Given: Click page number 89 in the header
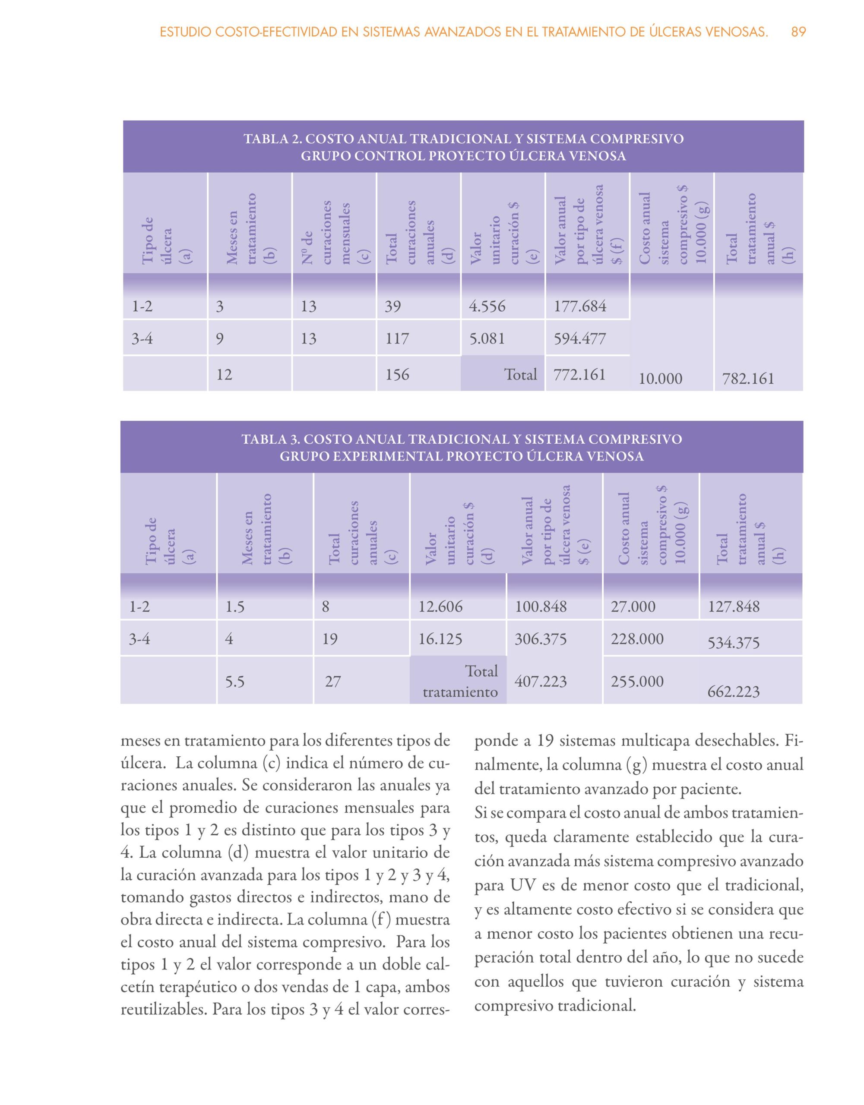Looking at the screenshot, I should point(798,32).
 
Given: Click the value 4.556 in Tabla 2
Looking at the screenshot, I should point(487,306).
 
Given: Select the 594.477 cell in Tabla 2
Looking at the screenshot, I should point(579,338).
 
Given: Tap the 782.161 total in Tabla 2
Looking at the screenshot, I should point(748,379).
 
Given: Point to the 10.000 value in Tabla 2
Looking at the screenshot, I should point(660,379).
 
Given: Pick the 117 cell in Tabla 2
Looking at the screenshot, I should point(397,338).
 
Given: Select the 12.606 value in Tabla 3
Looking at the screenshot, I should point(440,606).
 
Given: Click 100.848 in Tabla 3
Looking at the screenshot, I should point(541,606).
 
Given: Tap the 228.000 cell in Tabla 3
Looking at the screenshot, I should point(637,638).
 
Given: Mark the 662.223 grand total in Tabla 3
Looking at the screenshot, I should point(734,691).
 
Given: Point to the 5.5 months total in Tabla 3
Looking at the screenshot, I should point(235,682).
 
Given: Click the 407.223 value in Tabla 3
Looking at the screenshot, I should point(541,681).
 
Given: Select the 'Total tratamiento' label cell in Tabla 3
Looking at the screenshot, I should point(459,681).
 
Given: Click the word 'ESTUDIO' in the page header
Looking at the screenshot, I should point(185,32).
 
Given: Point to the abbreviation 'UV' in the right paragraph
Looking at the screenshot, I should point(522,885).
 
